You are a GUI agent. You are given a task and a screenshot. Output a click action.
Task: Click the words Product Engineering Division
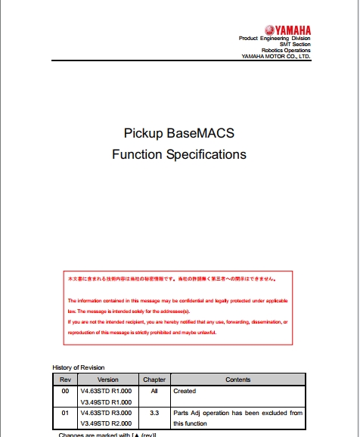[x=275, y=39]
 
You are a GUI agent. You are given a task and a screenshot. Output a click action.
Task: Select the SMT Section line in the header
[x=293, y=45]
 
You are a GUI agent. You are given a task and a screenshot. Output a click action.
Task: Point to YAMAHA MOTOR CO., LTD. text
[x=275, y=57]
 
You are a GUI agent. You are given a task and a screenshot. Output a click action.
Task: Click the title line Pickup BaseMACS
[x=179, y=133]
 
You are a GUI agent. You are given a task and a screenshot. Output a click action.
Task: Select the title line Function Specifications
[x=179, y=154]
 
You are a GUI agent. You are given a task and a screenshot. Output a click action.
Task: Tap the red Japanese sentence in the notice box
[x=172, y=278]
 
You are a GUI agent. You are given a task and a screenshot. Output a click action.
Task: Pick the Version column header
[x=107, y=379]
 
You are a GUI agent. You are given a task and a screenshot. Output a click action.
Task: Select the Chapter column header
[x=154, y=379]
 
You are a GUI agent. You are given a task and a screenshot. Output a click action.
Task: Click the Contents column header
[x=237, y=379]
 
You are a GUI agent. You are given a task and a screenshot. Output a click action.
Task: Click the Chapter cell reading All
[x=154, y=391]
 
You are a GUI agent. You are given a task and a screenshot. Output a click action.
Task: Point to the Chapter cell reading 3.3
[x=154, y=413]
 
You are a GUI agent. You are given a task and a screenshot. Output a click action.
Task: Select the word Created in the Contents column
[x=185, y=391]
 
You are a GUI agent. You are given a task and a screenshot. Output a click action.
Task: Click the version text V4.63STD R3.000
[x=107, y=413]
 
